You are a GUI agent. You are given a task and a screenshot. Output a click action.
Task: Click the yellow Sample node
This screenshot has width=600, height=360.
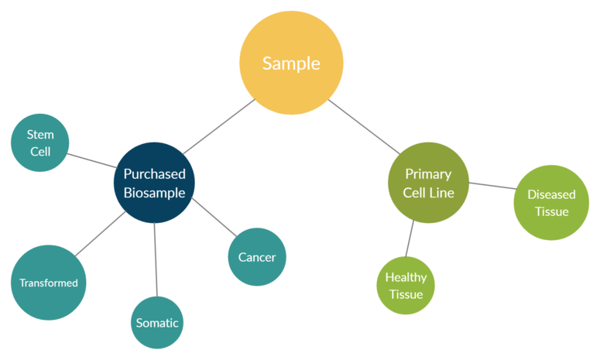290,63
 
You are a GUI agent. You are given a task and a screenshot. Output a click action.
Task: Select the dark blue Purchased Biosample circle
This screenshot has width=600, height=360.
155,183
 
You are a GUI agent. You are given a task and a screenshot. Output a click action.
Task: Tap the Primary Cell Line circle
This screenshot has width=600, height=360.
427,183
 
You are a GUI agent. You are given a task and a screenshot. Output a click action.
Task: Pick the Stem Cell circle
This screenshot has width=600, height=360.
40,143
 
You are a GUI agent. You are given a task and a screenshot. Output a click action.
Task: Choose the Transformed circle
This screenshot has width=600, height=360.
48,283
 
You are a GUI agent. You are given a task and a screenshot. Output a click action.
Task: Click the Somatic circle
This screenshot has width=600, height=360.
157,323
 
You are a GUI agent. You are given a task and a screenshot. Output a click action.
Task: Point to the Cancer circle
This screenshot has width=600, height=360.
257,257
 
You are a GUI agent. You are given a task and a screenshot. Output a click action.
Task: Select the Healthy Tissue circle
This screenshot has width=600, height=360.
406,285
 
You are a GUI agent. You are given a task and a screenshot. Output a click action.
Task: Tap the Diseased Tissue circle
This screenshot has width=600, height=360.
551,203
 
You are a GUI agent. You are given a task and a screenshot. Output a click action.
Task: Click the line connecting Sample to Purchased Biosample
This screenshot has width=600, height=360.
219,126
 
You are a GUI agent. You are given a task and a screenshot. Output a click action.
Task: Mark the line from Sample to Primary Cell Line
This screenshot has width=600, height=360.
364,125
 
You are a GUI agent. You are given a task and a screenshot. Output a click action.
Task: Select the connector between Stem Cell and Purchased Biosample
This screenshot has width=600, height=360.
92,160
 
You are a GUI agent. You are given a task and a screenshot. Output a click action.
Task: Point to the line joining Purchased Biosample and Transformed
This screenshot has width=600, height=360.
101,235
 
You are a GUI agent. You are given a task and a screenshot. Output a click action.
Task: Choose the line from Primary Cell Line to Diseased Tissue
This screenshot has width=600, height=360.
492,186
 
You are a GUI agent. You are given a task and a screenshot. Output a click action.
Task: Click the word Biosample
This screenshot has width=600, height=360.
155,193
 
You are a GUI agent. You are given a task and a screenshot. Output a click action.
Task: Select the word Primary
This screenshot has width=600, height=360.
427,174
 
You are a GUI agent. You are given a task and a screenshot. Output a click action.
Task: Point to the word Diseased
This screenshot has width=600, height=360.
551,194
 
